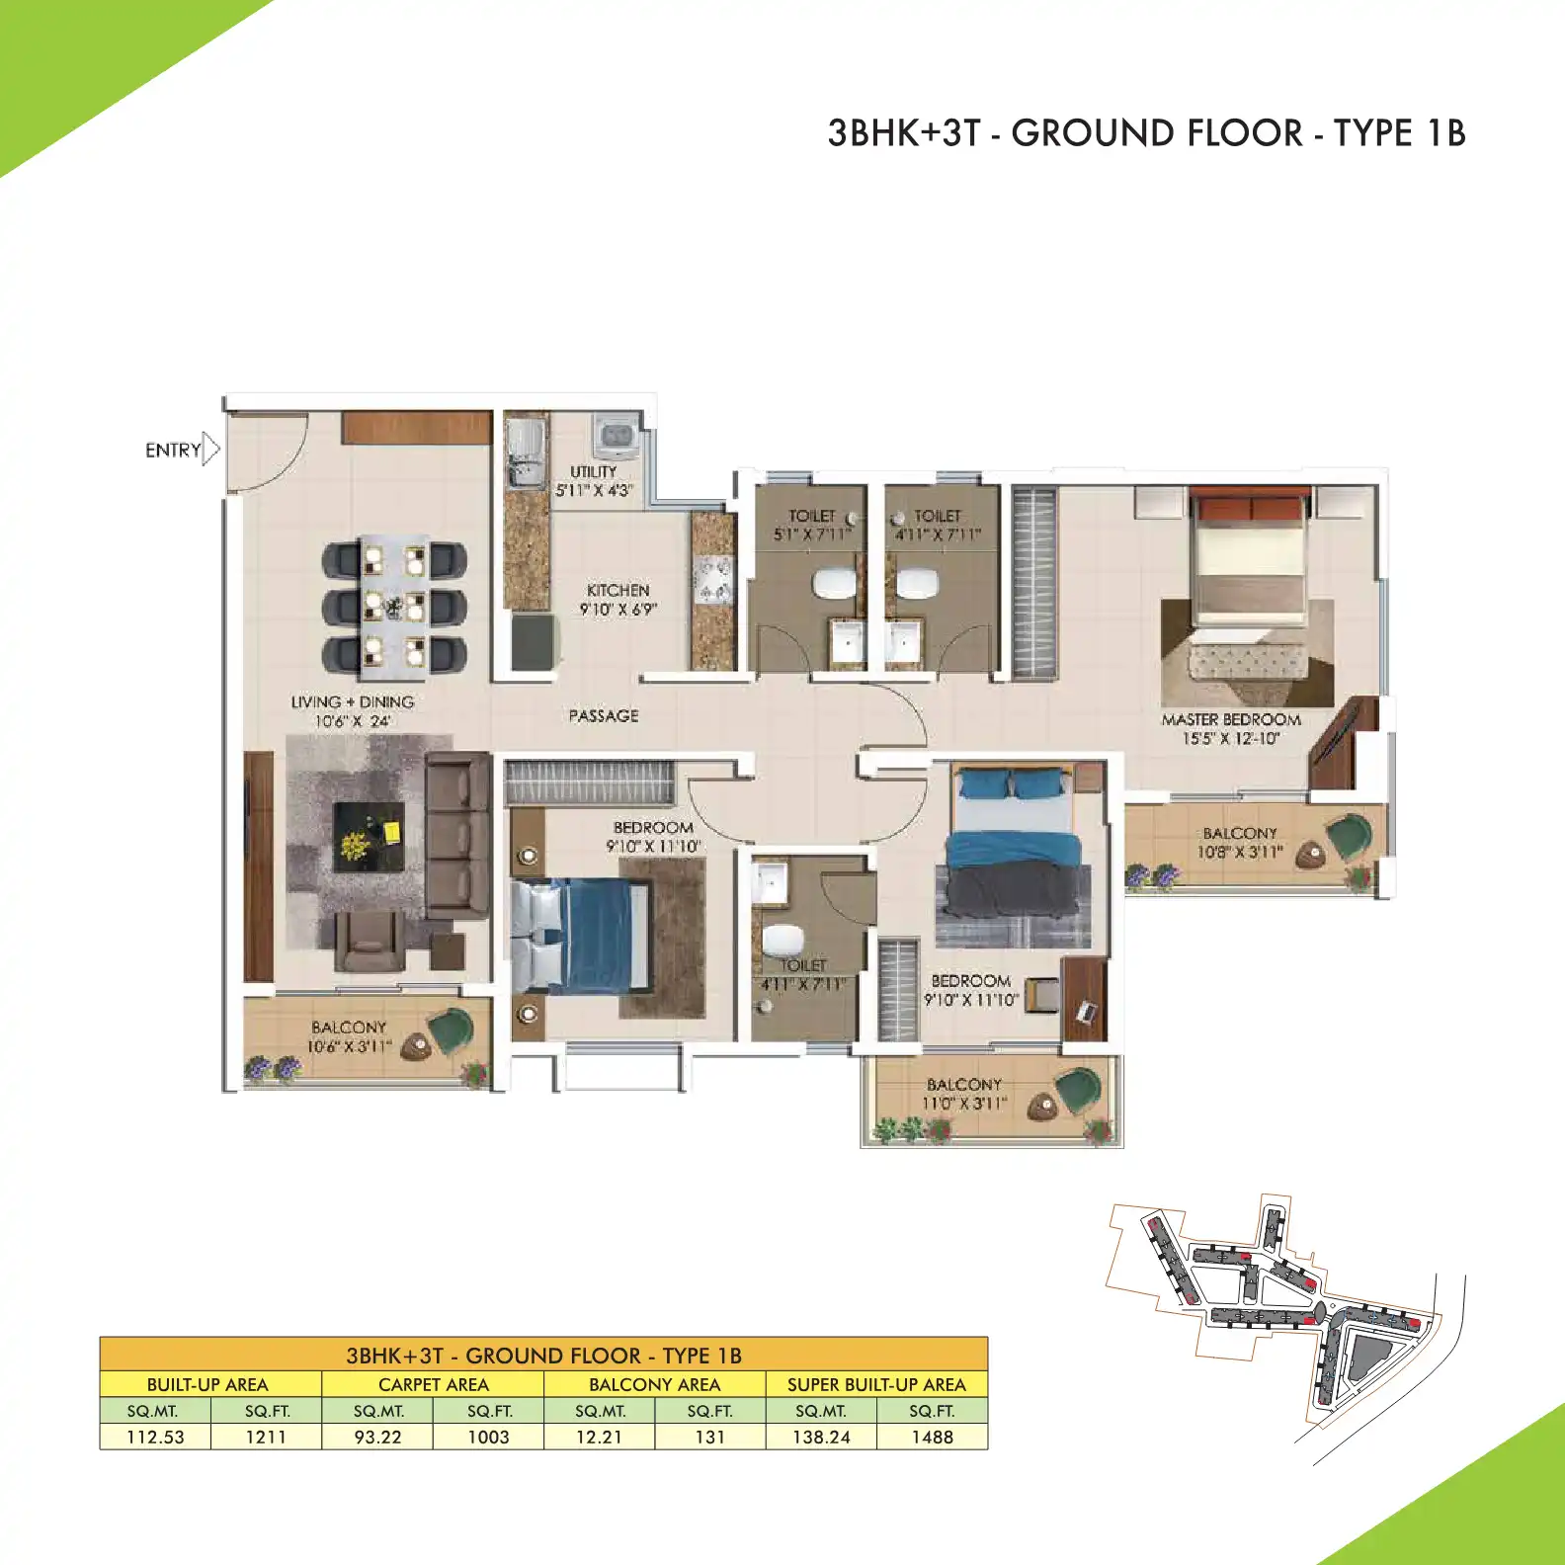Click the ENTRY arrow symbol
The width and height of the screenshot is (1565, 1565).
(x=210, y=449)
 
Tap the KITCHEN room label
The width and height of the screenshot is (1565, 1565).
(x=618, y=590)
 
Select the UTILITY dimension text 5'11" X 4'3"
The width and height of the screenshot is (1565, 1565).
(x=594, y=490)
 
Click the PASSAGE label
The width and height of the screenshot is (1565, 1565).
(x=604, y=715)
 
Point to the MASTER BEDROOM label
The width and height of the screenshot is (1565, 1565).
(x=1231, y=720)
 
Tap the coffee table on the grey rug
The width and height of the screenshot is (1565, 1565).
(x=370, y=837)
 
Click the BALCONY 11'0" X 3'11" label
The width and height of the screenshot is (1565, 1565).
(x=963, y=1094)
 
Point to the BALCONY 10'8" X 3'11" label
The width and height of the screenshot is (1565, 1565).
(x=1240, y=843)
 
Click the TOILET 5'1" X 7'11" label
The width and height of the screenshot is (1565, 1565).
(x=812, y=525)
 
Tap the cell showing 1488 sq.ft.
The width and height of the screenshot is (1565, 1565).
(x=932, y=1438)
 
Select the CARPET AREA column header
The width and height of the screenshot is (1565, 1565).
(x=433, y=1384)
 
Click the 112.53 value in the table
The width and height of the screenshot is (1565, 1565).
(x=155, y=1438)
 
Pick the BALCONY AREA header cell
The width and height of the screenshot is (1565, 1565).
(x=654, y=1384)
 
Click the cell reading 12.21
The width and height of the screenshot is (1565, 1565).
(x=599, y=1438)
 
